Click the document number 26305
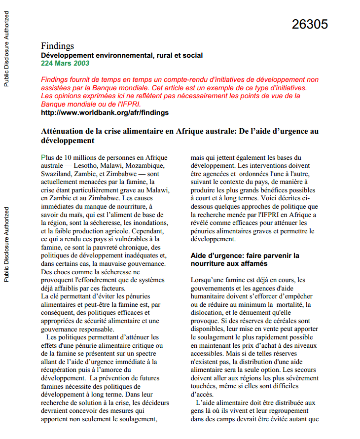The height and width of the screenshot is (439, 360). pyautogui.click(x=310, y=24)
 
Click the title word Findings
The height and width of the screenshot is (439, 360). pyautogui.click(x=58, y=46)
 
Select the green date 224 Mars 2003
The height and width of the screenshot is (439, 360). pyautogui.click(x=65, y=63)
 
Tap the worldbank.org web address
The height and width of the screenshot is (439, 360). pyautogui.click(x=105, y=112)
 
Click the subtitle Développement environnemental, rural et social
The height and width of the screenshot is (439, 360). pyautogui.click(x=122, y=55)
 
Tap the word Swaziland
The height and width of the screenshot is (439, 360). pyautogui.click(x=57, y=174)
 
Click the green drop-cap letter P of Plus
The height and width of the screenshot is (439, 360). pyautogui.click(x=43, y=158)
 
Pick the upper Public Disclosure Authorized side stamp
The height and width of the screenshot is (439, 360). pyautogui.click(x=6, y=49)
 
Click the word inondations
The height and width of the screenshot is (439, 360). pyautogui.click(x=147, y=223)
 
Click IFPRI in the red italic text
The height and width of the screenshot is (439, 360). pyautogui.click(x=129, y=104)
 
